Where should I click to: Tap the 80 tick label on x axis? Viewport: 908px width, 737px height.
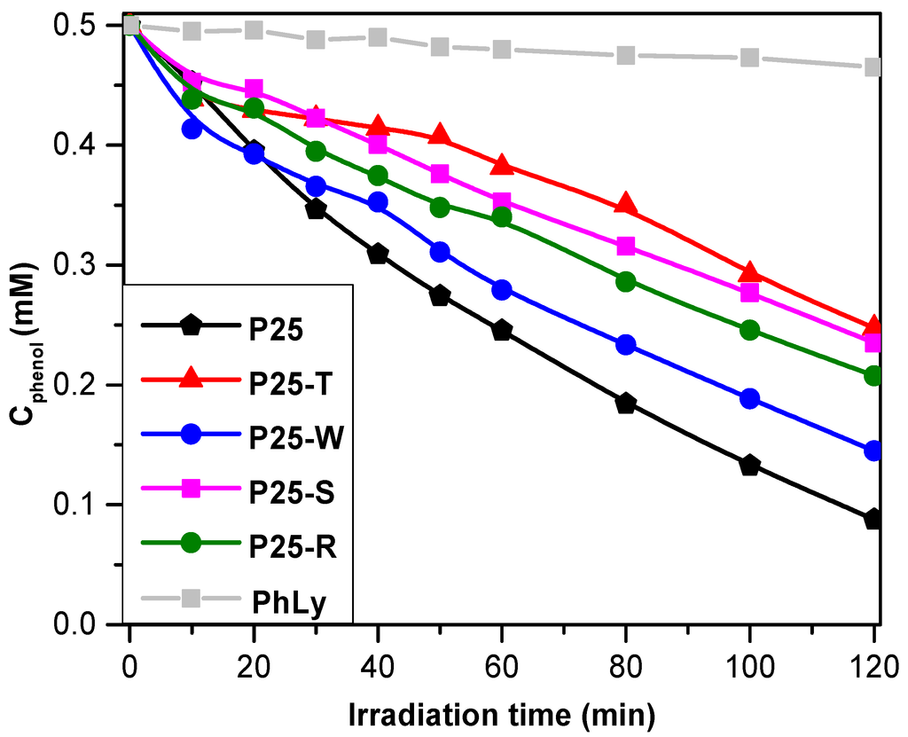[x=626, y=663]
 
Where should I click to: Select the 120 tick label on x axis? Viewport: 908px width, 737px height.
[x=873, y=663]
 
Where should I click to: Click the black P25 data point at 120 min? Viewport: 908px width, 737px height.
[x=873, y=519]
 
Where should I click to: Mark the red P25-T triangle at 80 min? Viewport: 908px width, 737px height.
[x=626, y=204]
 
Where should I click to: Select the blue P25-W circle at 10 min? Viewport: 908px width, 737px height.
[x=192, y=129]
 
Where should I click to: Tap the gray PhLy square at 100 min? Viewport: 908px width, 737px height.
[x=750, y=58]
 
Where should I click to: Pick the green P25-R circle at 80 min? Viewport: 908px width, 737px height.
[x=626, y=282]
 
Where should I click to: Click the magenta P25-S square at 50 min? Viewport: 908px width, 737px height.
[x=440, y=174]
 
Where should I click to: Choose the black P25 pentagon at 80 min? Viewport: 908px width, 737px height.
[x=626, y=404]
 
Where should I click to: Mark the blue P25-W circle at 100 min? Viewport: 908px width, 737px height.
[x=750, y=398]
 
